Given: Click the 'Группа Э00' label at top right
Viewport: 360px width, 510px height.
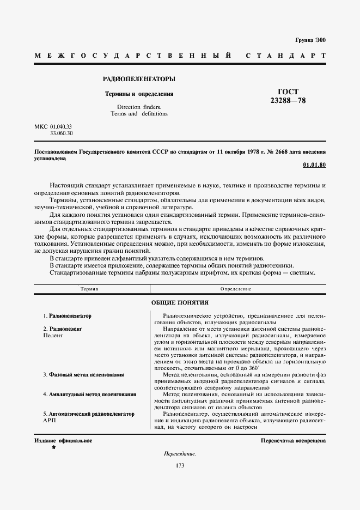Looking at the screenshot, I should tap(310, 41).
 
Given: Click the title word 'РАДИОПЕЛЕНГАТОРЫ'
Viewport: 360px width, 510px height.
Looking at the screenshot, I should tap(139, 79).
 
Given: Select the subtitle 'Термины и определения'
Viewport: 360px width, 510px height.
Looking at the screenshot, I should tap(139, 94).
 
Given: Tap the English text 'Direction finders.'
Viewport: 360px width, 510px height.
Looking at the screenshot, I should tap(139, 107).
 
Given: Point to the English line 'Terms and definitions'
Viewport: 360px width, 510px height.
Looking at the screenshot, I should tap(139, 114).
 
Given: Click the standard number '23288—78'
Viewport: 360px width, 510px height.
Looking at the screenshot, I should tap(289, 101).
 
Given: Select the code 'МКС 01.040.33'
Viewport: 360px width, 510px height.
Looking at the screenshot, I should tap(53, 126).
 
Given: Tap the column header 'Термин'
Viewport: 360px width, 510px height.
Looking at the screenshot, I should tap(90, 289).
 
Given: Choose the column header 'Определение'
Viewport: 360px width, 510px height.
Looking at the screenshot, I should tap(235, 289).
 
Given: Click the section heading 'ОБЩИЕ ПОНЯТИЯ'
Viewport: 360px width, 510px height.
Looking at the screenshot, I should tap(179, 302).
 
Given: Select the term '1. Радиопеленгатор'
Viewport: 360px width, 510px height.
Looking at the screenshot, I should tap(68, 316).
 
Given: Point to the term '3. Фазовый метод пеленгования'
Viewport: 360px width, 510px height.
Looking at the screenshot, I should tap(83, 375).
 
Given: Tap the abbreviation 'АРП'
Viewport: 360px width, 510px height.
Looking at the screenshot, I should tap(49, 421).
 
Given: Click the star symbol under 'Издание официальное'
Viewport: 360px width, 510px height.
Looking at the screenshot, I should tap(53, 447).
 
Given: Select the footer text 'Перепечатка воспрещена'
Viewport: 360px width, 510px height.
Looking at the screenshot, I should tap(293, 440).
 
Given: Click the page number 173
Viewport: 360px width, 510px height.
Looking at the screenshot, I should tap(180, 465).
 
